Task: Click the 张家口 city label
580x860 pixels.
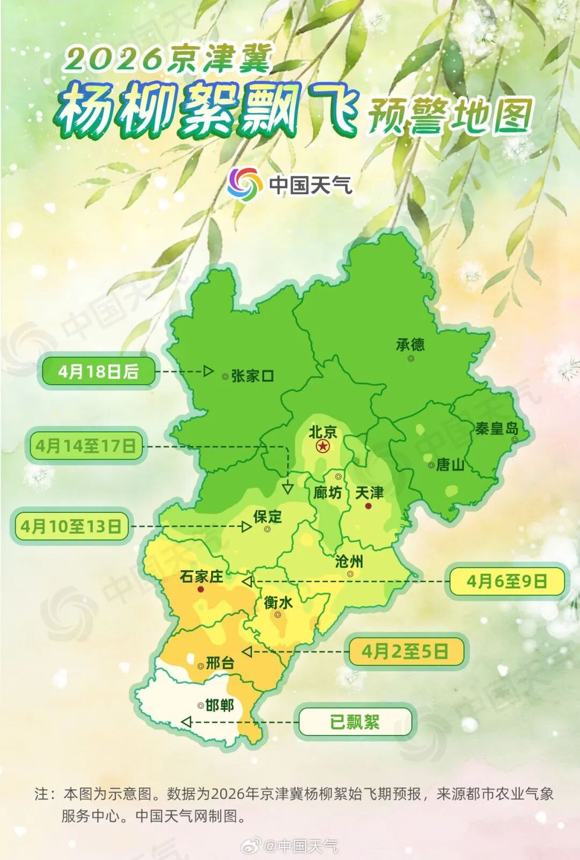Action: coord(252,376)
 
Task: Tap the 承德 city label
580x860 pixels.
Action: coord(410,345)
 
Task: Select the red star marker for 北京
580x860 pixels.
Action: coord(322,446)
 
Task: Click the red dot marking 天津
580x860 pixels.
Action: coord(368,506)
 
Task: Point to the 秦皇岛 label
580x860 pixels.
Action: coord(496,429)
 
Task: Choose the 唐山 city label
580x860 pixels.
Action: coord(450,465)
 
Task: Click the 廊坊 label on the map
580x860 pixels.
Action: coord(328,493)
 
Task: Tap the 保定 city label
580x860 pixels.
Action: coord(267,516)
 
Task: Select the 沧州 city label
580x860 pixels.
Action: coord(349,561)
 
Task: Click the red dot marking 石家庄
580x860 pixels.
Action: coord(201,589)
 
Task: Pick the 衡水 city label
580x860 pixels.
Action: coord(278,603)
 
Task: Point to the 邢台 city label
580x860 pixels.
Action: coord(220,663)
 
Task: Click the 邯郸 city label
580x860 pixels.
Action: coord(219,705)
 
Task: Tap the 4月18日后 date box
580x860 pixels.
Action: coord(98,371)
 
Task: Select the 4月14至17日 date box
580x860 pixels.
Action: coord(85,446)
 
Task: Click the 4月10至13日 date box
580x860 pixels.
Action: coord(71,526)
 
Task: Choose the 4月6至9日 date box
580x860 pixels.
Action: coord(507,581)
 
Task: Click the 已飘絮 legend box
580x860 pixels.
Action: coord(355,722)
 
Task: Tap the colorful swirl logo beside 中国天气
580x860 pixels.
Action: coord(244,183)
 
